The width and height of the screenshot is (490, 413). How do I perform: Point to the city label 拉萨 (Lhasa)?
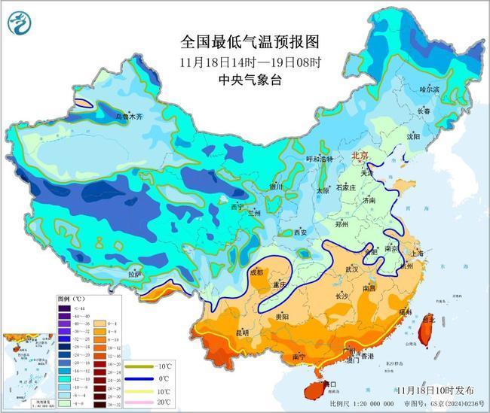134,275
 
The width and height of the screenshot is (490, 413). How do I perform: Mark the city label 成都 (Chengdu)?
257,272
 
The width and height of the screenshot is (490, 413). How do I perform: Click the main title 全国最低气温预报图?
239,41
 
